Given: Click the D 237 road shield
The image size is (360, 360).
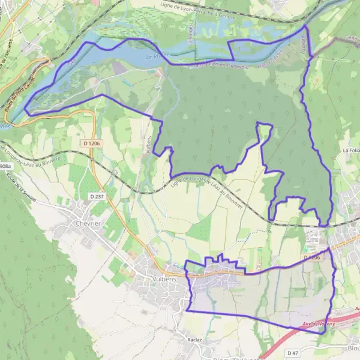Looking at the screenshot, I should pyautogui.click(x=97, y=196).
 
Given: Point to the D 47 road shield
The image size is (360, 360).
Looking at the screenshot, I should pyautogui.click(x=293, y=353).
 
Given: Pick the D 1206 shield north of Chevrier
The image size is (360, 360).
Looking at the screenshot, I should pyautogui.click(x=92, y=143).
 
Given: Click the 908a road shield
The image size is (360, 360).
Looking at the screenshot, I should pyautogui.click(x=5, y=166).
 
